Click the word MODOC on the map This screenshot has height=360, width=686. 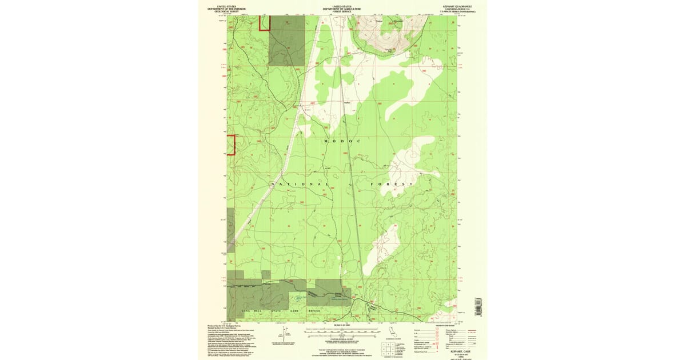[x=343, y=141]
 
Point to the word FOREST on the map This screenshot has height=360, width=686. [x=392, y=184]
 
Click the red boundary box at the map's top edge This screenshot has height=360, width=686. [x=264, y=23]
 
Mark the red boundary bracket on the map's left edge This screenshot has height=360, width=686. [x=231, y=145]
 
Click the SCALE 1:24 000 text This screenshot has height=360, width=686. [x=341, y=325]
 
